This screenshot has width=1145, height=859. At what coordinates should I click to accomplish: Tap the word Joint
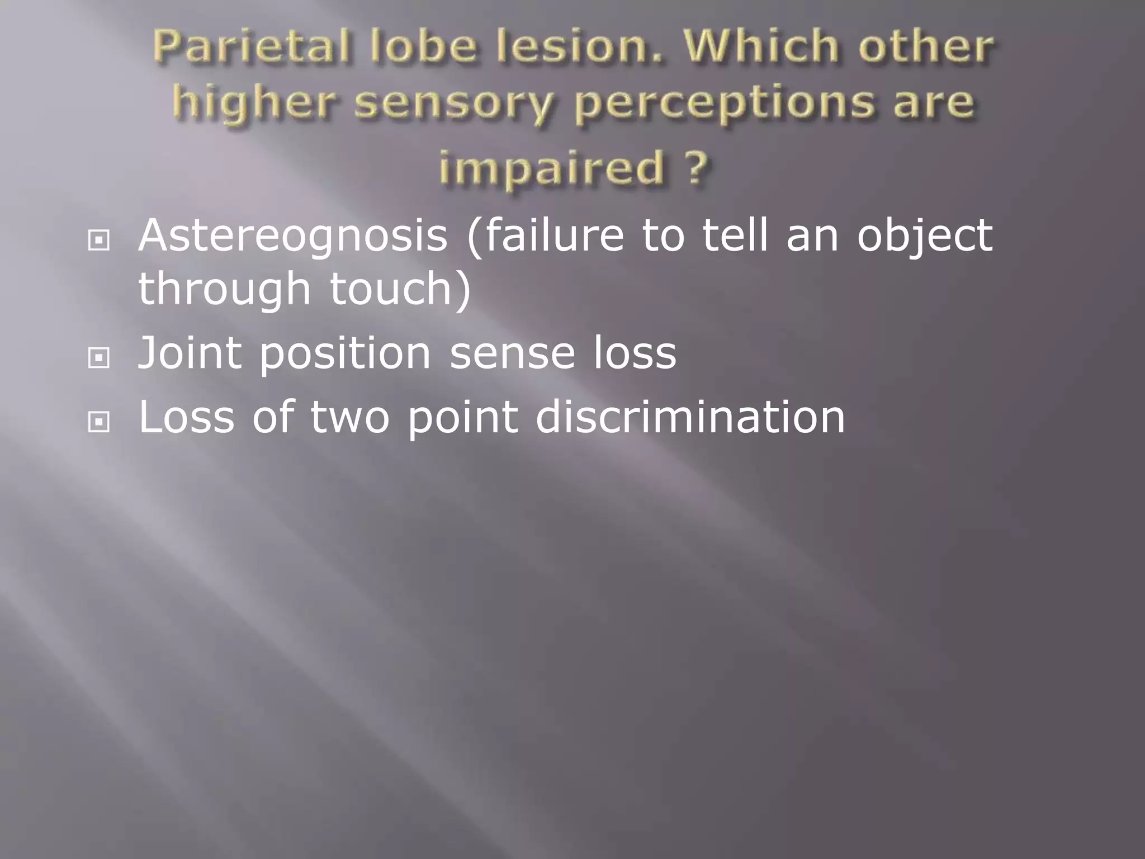click(x=190, y=353)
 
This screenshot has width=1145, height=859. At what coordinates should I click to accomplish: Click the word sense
click(x=512, y=355)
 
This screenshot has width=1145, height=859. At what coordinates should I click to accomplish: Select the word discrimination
click(x=690, y=417)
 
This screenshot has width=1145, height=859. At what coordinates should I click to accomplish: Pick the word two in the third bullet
click(x=350, y=417)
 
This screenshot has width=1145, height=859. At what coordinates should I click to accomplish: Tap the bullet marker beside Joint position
click(x=99, y=358)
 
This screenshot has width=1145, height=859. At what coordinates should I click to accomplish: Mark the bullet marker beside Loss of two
click(x=99, y=422)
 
